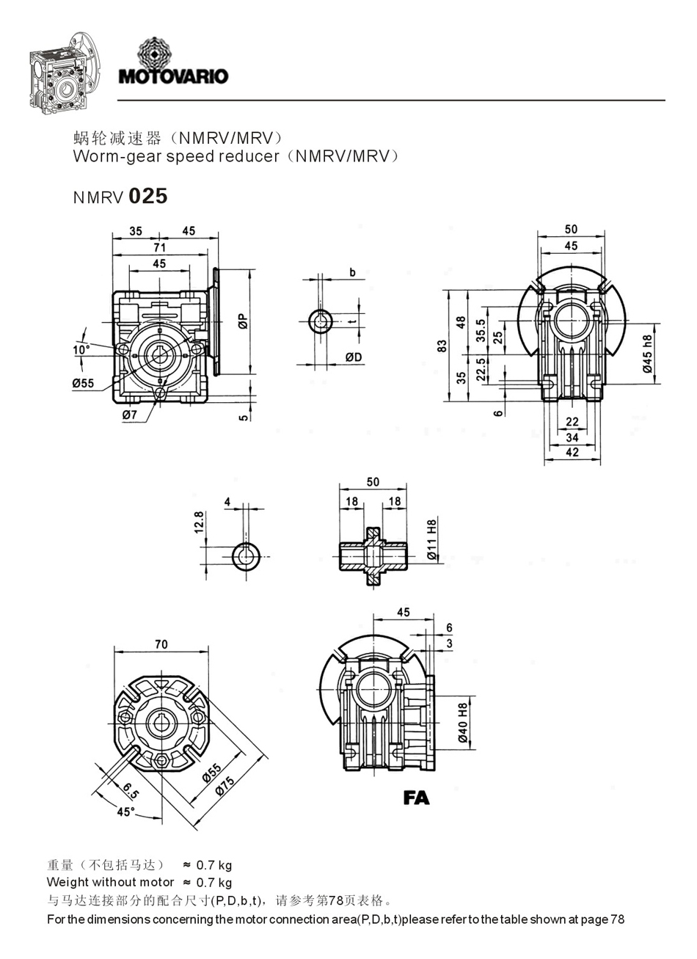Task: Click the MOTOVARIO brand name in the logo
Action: coord(173,76)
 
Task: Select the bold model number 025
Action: coord(148,196)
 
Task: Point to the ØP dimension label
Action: coord(243,321)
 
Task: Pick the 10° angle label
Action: coord(81,350)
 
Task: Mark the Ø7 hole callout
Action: coord(130,415)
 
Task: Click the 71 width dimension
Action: coord(159,248)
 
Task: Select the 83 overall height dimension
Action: coord(442,346)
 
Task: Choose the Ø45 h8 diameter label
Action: coord(647,354)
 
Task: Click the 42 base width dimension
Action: coord(572,453)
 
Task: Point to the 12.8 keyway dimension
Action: coord(199,524)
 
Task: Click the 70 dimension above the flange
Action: coord(161,644)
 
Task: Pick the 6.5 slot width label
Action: coord(131,790)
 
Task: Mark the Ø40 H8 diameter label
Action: coord(463,725)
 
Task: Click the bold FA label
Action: coord(416,798)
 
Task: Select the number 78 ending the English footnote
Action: coord(617,919)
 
